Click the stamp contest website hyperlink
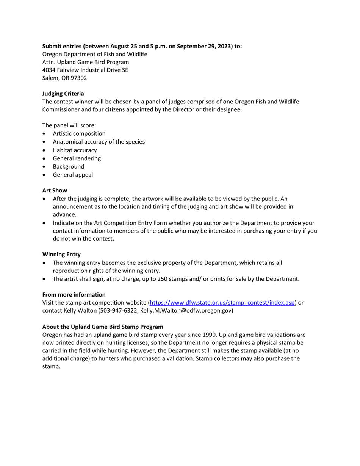[x=222, y=303]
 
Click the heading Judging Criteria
[x=63, y=94]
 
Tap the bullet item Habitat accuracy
[x=75, y=150]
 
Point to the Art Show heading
[x=55, y=191]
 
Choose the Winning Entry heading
[x=61, y=254]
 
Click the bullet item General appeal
[x=73, y=175]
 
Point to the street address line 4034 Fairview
[x=85, y=70]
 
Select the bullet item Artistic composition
[x=79, y=133]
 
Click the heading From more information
[x=74, y=295]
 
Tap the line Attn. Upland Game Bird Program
[x=86, y=62]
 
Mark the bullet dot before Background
[x=45, y=167]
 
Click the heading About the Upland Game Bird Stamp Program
[x=103, y=327]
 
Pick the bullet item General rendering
[x=77, y=158]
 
